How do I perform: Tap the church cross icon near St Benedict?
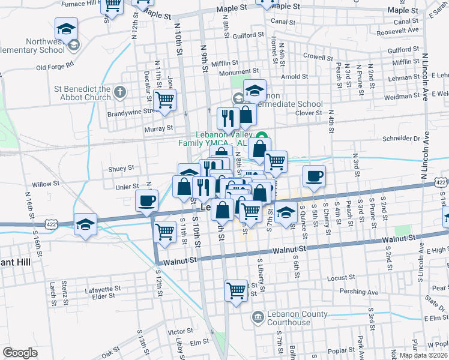(120, 92)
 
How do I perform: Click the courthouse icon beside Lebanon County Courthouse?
(258, 316)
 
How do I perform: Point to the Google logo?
(20, 353)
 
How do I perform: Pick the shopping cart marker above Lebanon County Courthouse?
(237, 290)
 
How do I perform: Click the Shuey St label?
(121, 168)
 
